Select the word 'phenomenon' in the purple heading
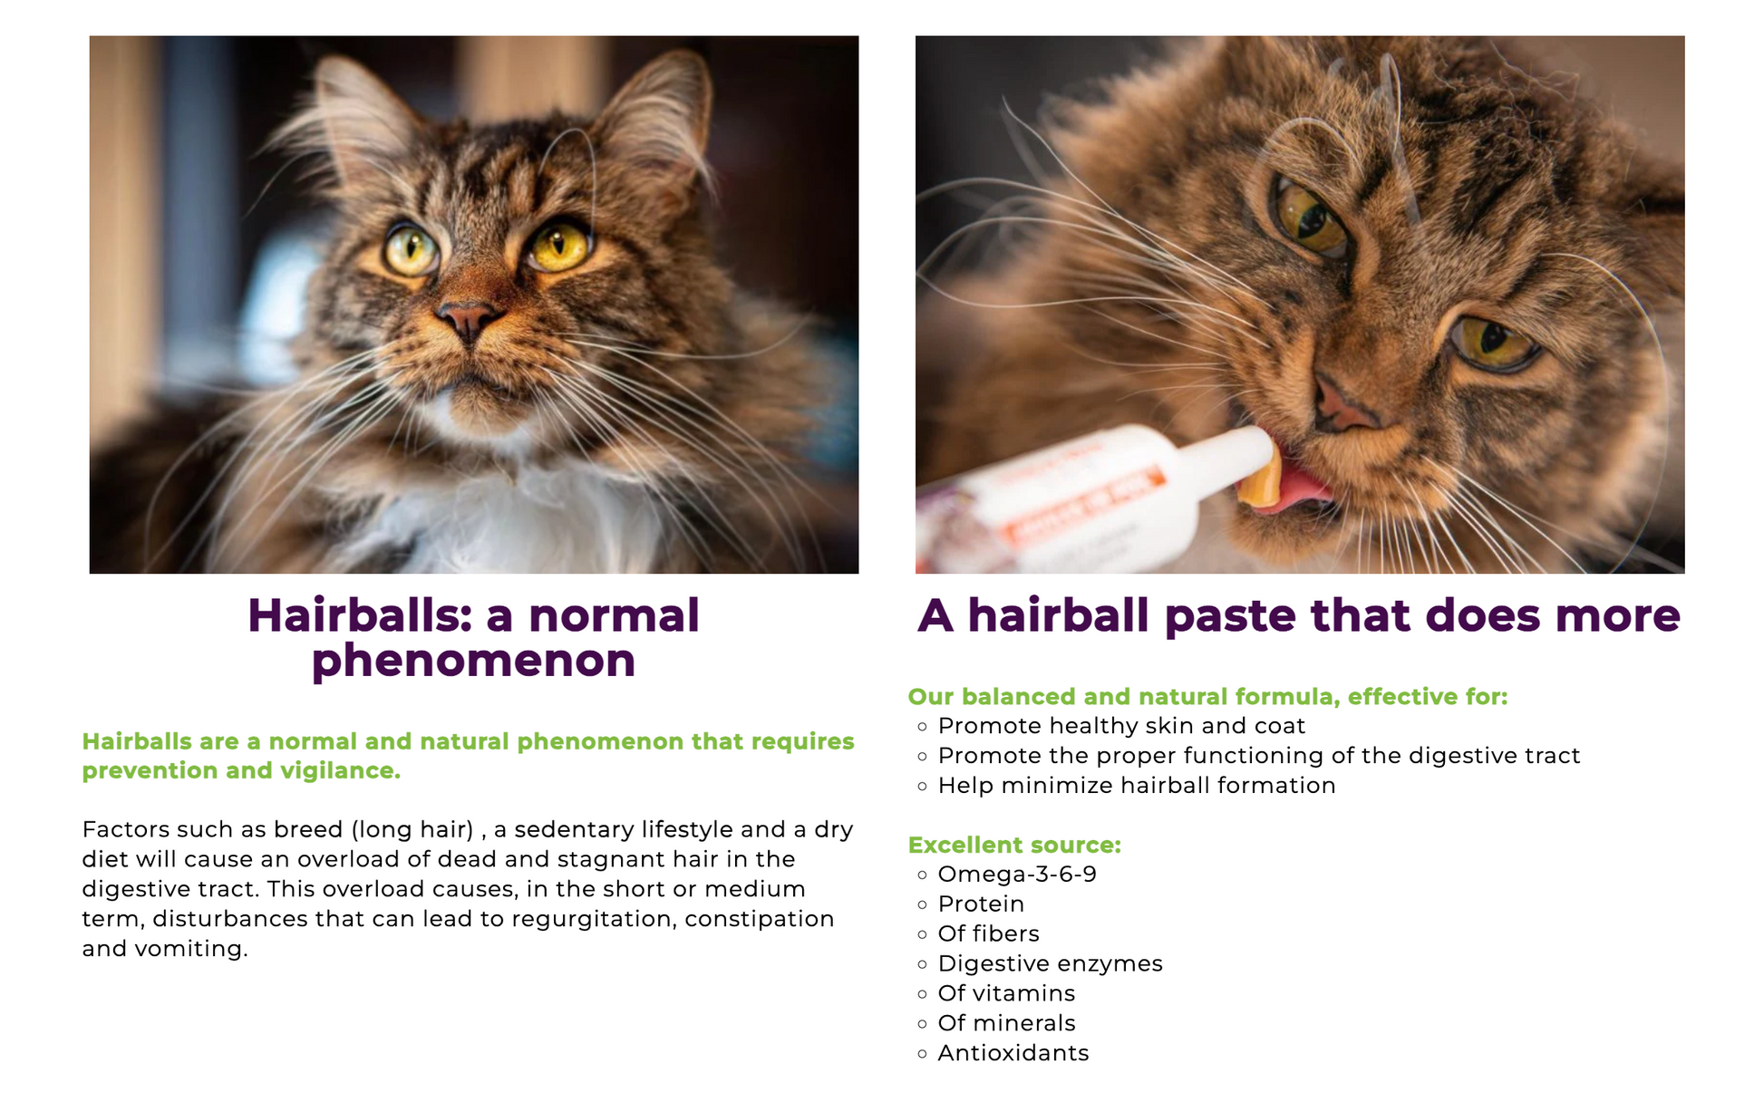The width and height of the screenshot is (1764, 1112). (473, 661)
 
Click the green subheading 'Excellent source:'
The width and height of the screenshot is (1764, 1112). (1014, 845)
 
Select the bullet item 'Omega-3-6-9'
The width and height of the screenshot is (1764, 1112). (1017, 875)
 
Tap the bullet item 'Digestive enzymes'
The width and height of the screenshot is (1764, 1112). (1050, 963)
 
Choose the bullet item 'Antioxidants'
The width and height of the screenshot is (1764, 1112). (1013, 1053)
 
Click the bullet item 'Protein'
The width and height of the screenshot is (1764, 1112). (981, 904)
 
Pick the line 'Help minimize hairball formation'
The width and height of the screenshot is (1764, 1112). (1137, 786)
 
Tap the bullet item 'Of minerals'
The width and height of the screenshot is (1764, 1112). (1006, 1023)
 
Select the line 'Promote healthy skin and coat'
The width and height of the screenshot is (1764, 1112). (1121, 726)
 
